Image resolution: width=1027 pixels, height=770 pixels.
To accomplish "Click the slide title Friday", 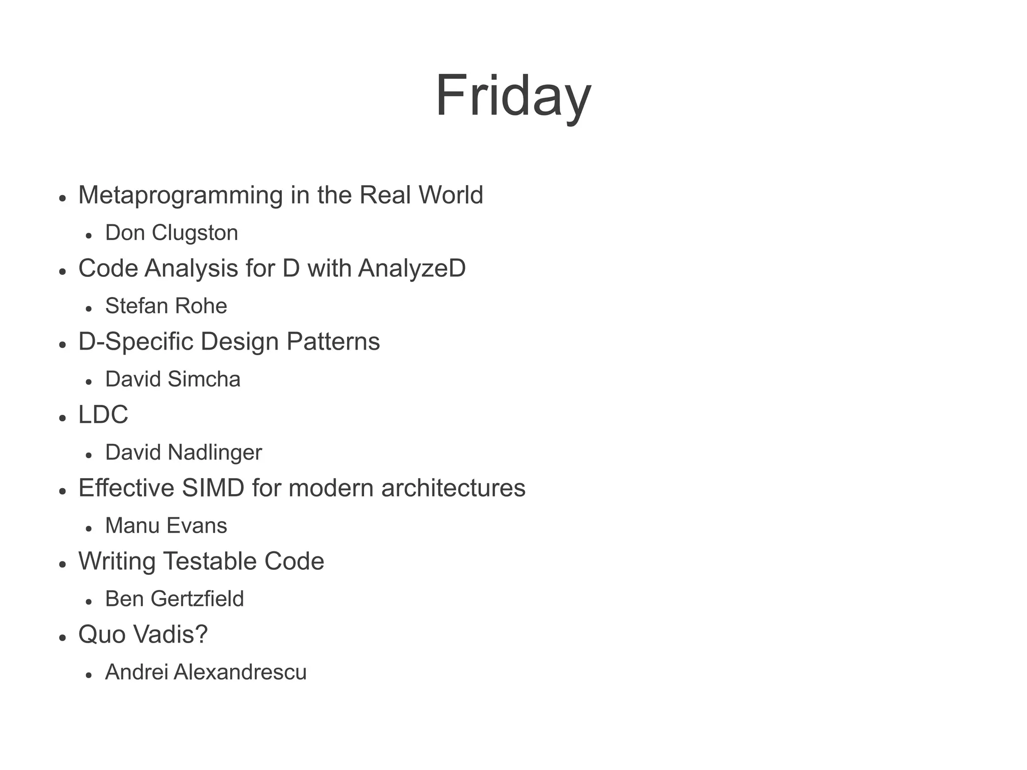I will tap(513, 96).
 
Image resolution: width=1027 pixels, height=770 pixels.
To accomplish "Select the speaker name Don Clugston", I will tap(172, 233).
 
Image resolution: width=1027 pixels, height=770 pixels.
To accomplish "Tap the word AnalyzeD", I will tap(412, 268).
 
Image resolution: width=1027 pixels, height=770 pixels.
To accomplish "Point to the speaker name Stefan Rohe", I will tap(166, 306).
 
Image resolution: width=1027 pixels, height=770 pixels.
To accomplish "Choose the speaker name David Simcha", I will tap(173, 379).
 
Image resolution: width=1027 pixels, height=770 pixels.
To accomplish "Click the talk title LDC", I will tap(103, 415).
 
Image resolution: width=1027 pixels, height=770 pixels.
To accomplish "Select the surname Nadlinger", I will tap(215, 452).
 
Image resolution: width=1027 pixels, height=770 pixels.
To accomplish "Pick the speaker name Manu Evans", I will tap(166, 526).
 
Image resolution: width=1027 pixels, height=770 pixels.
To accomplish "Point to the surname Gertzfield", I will tap(197, 599).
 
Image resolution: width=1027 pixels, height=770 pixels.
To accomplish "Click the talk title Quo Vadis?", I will tap(143, 635).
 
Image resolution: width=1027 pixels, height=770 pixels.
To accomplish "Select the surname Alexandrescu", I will tap(240, 672).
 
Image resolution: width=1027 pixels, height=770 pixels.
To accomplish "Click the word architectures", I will tap(453, 488).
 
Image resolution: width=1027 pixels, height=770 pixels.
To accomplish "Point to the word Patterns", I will tap(333, 342).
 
